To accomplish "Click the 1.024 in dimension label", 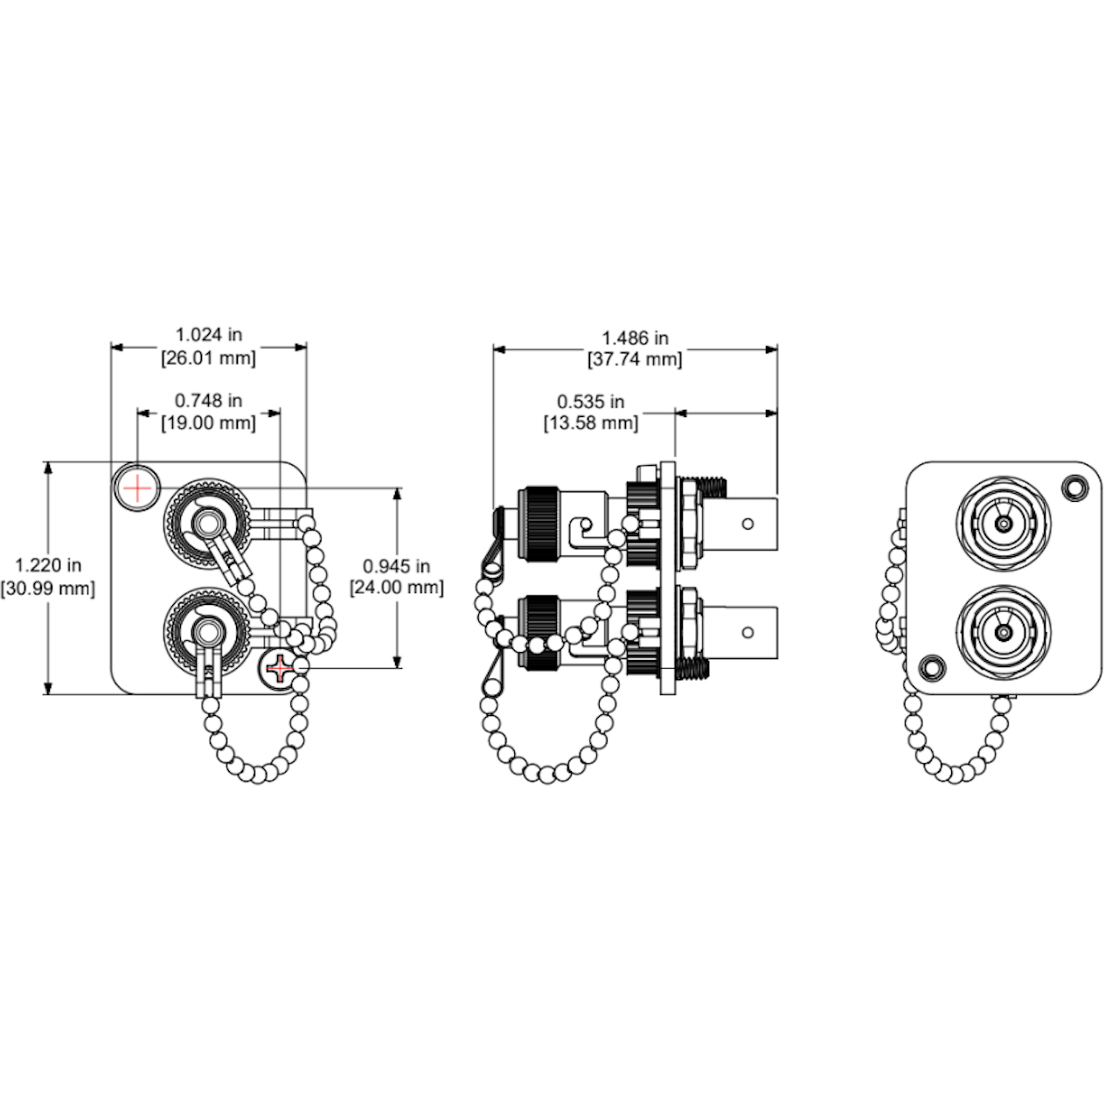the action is click(x=208, y=335).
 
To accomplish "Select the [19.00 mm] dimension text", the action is click(x=208, y=423).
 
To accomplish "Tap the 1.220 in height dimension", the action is click(x=48, y=565).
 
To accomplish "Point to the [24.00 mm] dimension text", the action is click(x=397, y=587).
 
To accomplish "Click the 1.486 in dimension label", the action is click(x=635, y=337).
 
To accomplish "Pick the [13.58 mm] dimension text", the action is click(x=591, y=423).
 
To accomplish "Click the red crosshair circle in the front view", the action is click(x=137, y=488).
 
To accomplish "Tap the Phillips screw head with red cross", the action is click(x=281, y=669).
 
